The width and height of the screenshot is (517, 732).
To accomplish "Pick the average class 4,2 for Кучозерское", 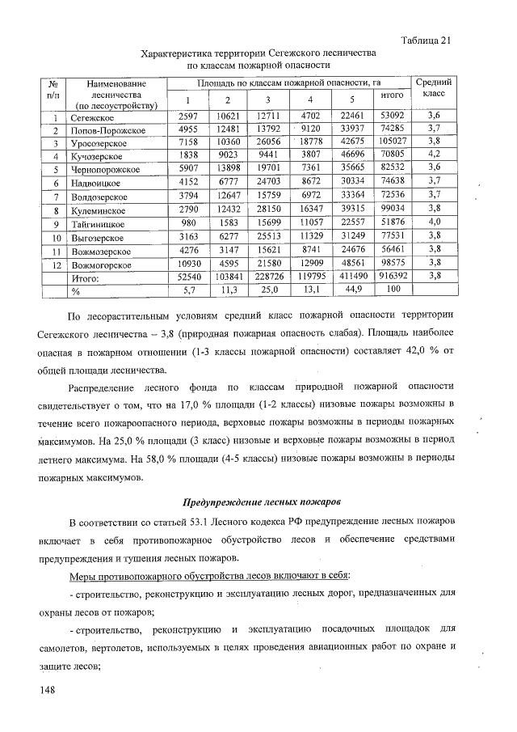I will [434, 155].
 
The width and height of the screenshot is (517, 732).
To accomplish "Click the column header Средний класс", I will [434, 88].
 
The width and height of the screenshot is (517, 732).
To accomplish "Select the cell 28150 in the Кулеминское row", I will [267, 209].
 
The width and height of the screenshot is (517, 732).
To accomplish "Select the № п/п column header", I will [51, 88].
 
